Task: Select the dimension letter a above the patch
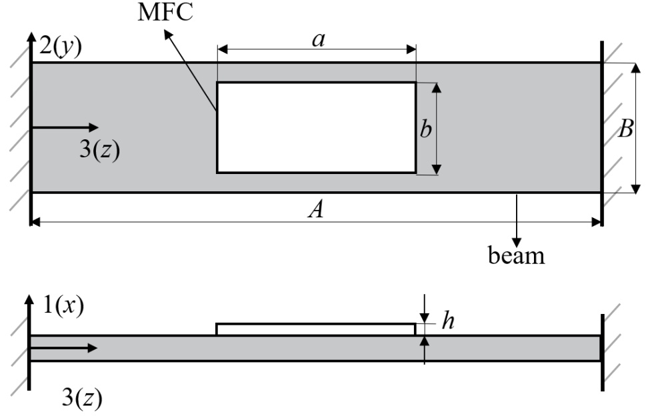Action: (x=319, y=39)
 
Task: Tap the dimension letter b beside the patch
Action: (x=425, y=129)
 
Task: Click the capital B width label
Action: (x=625, y=129)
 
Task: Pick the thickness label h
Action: (x=449, y=323)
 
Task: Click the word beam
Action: (x=516, y=255)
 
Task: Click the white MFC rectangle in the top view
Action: (x=316, y=127)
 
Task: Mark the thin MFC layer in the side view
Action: (x=316, y=329)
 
